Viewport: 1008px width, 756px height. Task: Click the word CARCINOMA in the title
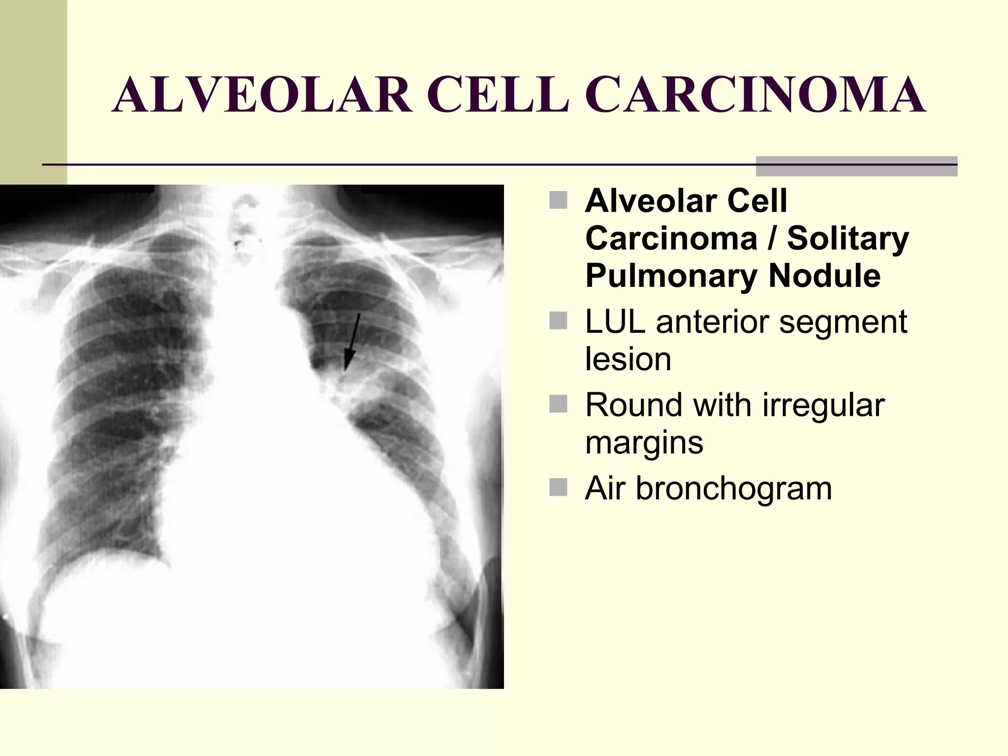756,95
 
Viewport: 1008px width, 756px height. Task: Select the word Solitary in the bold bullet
848,239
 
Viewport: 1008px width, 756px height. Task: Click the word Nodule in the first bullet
824,276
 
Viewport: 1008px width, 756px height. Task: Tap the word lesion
628,359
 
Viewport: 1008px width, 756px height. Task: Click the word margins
644,442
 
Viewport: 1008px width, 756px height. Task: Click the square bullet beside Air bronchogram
558,487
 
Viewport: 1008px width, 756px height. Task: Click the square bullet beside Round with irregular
558,404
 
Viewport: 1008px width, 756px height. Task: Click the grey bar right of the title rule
856,166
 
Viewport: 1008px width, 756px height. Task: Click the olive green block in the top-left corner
33,89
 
